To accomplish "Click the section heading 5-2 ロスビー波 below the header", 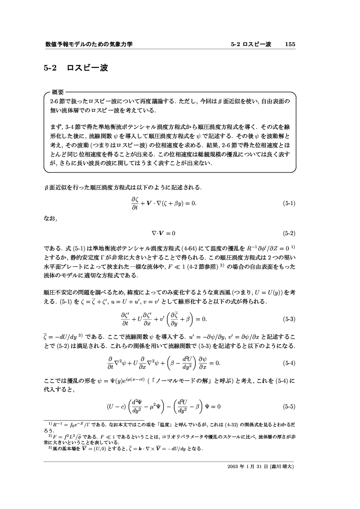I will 75,68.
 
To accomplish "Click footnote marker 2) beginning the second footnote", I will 50,434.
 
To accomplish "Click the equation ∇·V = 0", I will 163,233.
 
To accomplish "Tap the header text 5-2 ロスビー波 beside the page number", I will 251,44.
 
